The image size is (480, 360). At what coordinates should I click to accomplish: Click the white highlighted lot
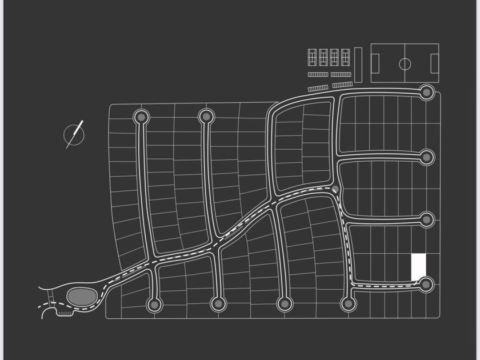419,267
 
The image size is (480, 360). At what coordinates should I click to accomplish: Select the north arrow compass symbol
74,135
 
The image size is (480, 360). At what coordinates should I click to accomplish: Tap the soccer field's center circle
405,63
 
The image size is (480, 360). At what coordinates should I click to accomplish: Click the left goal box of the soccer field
375,63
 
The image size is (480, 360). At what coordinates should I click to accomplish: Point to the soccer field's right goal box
434,63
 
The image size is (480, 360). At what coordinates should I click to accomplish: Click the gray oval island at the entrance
82,297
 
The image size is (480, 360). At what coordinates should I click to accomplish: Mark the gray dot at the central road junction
335,189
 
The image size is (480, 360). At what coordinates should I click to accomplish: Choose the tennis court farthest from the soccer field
313,57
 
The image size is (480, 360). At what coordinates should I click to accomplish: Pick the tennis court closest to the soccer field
345,57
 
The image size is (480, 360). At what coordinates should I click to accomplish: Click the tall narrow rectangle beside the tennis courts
358,65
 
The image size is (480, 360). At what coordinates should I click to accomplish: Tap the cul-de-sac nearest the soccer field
426,91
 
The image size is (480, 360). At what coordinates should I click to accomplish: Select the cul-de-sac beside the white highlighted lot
426,284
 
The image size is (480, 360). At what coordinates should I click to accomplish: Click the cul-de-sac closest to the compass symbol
141,117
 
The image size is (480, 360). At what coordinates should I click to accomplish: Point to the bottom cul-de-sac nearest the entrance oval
154,304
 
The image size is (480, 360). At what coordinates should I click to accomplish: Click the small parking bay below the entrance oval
65,313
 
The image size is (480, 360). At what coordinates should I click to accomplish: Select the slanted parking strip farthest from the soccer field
318,88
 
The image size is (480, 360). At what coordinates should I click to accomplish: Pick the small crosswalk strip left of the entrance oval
51,297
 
